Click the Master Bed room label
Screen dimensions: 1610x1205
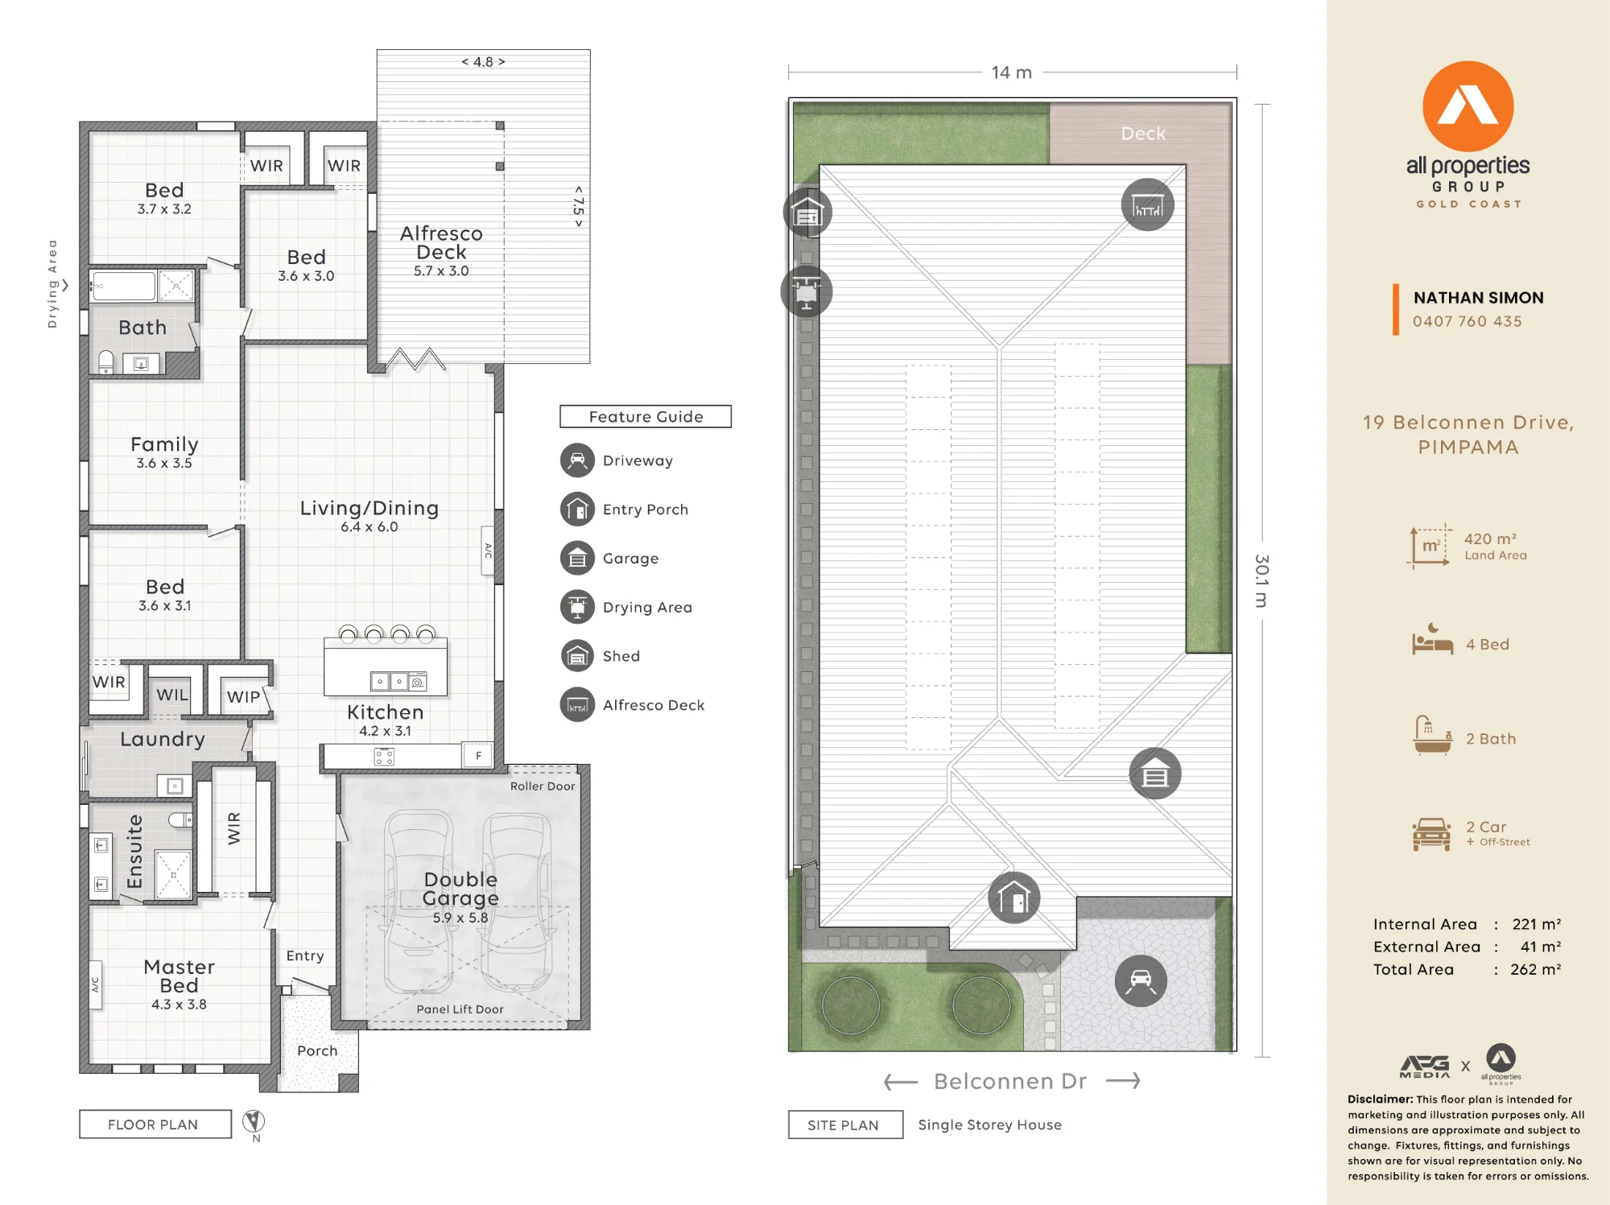(x=179, y=976)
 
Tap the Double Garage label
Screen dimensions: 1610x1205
(x=460, y=889)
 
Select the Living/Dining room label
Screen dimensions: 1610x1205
(x=369, y=508)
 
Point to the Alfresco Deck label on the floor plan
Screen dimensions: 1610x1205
(x=441, y=242)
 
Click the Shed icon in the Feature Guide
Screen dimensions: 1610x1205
(x=577, y=656)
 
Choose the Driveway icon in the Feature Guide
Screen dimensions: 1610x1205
(x=577, y=460)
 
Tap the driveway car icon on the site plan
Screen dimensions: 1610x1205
(x=1141, y=980)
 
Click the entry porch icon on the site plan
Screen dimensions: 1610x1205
(x=1013, y=898)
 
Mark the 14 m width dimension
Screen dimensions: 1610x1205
(x=1012, y=72)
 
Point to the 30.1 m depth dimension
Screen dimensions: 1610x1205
(x=1262, y=580)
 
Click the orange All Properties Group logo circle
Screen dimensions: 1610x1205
(x=1468, y=106)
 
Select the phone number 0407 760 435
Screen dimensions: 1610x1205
(x=1467, y=321)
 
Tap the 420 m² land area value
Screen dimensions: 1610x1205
(x=1490, y=539)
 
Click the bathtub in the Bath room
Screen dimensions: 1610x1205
(x=123, y=287)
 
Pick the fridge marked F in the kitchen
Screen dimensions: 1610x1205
(x=478, y=756)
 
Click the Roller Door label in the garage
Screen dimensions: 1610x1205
(x=543, y=786)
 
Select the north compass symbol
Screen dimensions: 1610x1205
(x=254, y=1121)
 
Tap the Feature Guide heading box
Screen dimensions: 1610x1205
(x=646, y=416)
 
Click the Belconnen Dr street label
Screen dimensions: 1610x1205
(x=1010, y=1081)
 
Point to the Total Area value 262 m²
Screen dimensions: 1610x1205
(x=1535, y=969)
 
